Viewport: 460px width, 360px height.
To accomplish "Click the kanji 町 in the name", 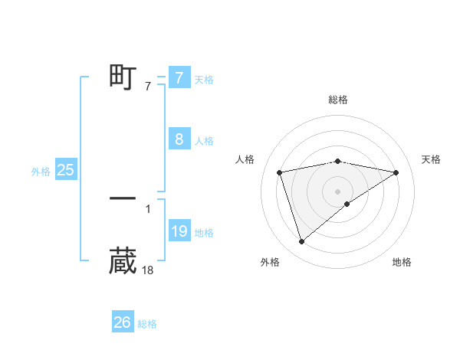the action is coord(123,77).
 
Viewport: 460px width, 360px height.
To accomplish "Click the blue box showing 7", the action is coord(179,77).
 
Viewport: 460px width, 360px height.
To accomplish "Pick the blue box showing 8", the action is coord(179,139).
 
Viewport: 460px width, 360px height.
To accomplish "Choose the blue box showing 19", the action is coord(179,231).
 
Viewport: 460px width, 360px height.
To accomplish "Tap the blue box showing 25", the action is coord(66,170).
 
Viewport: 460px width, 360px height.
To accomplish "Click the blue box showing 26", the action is coord(122,322).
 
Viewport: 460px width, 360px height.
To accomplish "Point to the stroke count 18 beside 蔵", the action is coord(148,270).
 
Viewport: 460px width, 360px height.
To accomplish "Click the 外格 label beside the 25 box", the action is coord(41,172).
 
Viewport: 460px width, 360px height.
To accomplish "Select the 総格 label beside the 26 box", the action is coord(147,324).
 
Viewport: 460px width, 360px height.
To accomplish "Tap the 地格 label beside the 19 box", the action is coord(204,233).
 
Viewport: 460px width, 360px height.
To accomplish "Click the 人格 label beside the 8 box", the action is coord(204,141).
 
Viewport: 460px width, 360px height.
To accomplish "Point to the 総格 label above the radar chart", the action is coord(337,100).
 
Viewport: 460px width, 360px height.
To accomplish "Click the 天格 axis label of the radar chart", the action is coord(432,159).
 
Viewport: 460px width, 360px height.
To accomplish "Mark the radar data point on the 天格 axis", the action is coord(396,172).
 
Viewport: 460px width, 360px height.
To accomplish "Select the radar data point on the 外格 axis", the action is coord(301,242).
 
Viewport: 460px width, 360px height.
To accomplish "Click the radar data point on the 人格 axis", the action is coord(280,172).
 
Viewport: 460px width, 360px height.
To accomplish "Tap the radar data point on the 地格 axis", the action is coord(347,204).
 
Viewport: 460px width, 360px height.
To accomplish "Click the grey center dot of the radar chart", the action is coord(337,191).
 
